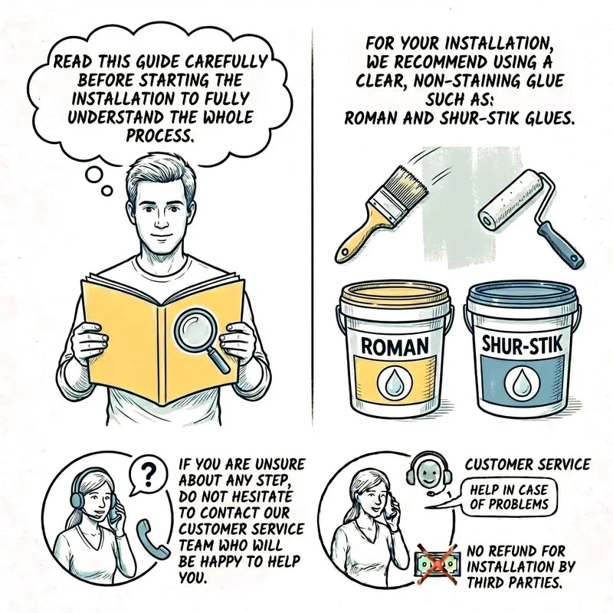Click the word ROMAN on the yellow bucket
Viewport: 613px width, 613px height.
(x=394, y=347)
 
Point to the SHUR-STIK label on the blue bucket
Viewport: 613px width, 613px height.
(x=522, y=345)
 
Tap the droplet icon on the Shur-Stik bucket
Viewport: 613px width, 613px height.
(x=522, y=382)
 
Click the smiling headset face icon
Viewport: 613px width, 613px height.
(x=429, y=472)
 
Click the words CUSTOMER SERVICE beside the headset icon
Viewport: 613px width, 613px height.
(x=528, y=464)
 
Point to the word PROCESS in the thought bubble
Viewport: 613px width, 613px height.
(x=160, y=136)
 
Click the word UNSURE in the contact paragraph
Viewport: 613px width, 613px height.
(x=280, y=464)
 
